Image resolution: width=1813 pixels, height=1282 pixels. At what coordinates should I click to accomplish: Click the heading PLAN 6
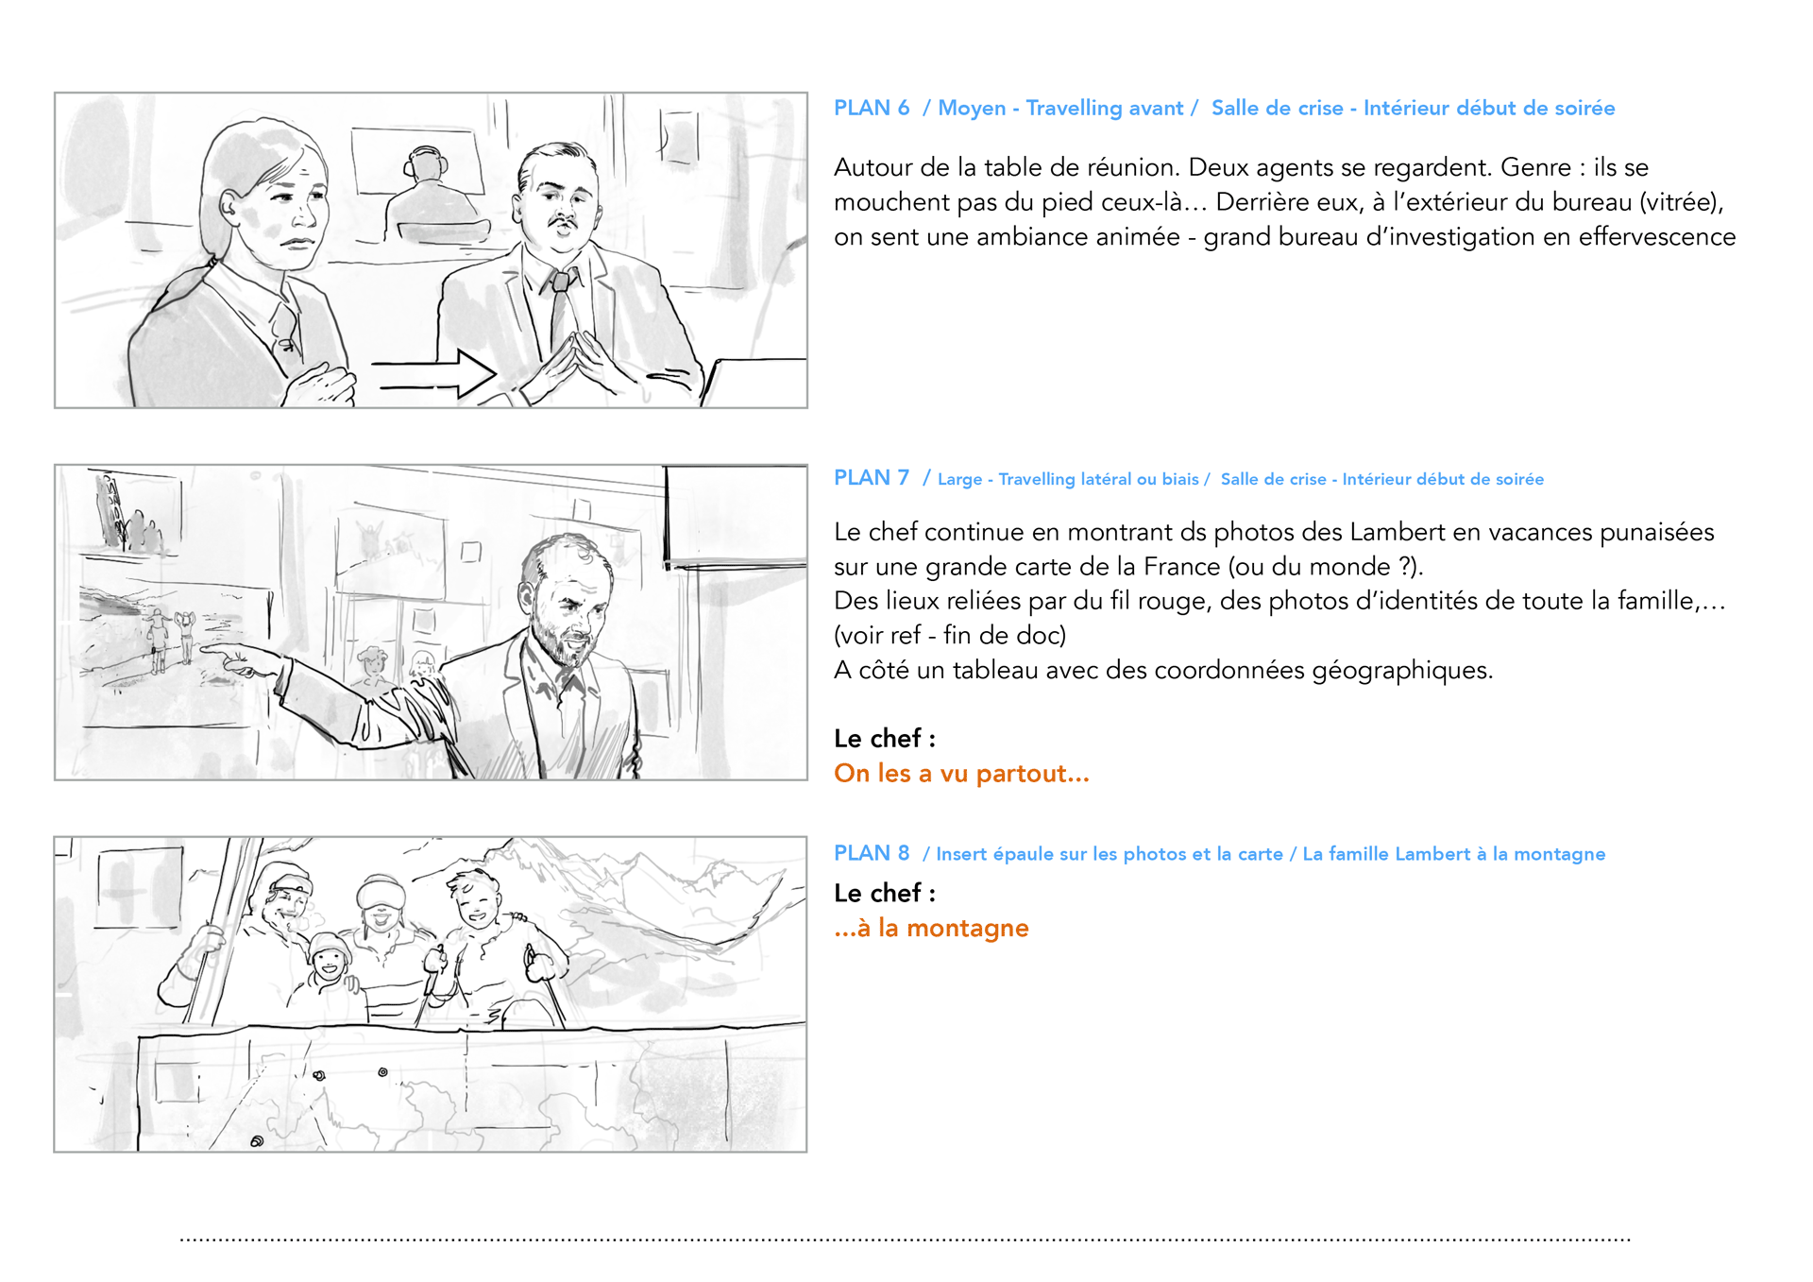click(x=871, y=108)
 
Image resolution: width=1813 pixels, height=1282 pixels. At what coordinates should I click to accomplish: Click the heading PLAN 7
click(x=871, y=478)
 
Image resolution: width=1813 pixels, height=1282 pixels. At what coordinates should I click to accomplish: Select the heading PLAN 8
click(x=871, y=853)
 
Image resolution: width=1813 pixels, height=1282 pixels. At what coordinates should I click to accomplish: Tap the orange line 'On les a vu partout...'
click(x=961, y=774)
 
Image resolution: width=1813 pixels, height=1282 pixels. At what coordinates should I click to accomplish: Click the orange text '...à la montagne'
click(x=931, y=928)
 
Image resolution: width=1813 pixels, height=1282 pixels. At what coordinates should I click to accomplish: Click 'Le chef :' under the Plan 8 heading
click(x=885, y=893)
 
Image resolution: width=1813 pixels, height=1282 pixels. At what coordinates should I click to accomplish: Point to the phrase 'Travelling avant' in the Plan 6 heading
click(x=1104, y=109)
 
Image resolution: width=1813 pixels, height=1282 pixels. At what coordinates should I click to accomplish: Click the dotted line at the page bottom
click(x=906, y=1239)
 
